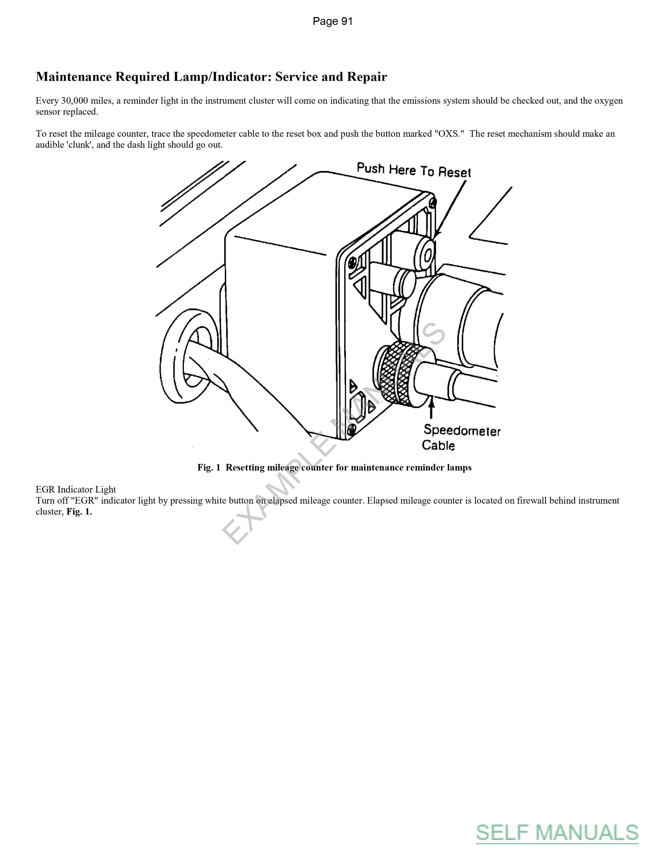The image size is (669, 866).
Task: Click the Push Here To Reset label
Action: [414, 170]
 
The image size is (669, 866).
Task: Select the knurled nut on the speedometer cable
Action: [400, 375]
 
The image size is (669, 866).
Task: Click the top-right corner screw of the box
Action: [433, 202]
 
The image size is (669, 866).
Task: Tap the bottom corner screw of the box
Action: [350, 429]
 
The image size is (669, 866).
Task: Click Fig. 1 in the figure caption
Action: [209, 468]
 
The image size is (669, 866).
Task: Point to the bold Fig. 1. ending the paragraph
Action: [79, 511]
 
